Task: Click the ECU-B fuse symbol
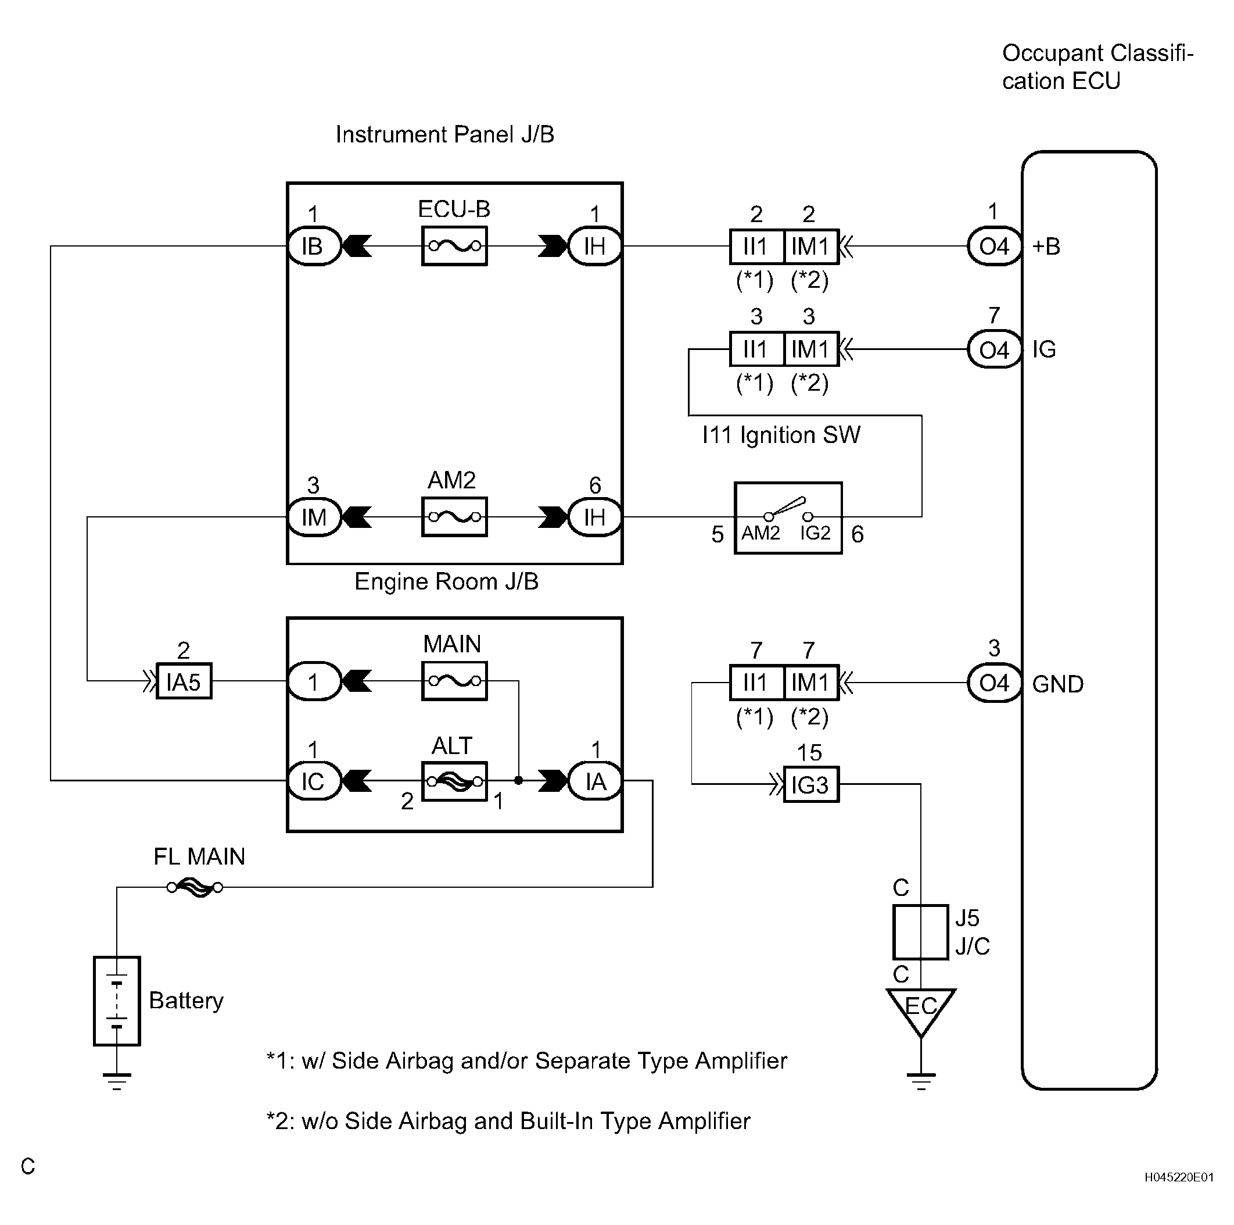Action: click(454, 245)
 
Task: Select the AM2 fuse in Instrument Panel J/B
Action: click(454, 516)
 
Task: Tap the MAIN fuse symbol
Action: click(454, 681)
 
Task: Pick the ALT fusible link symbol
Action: click(454, 781)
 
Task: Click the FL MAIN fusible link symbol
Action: click(195, 887)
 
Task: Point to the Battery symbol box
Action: click(117, 1001)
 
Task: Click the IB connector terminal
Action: click(313, 246)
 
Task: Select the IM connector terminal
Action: click(314, 517)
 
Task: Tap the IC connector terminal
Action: click(313, 781)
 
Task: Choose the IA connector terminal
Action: click(596, 781)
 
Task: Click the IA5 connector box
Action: click(184, 682)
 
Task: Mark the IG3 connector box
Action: click(810, 784)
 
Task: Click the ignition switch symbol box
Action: click(788, 518)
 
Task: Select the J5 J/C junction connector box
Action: click(920, 932)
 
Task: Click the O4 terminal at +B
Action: click(994, 246)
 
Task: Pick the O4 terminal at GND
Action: click(994, 683)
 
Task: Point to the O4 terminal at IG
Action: click(994, 349)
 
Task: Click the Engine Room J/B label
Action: click(446, 581)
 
